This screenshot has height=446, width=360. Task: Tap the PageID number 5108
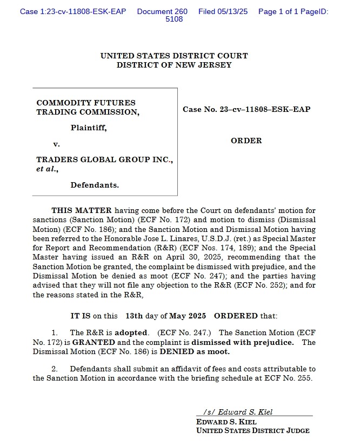coord(174,19)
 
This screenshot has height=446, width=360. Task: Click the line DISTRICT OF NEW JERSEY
coord(174,65)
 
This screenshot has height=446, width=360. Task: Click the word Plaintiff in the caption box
coord(88,128)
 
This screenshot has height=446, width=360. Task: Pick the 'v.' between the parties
coord(56,144)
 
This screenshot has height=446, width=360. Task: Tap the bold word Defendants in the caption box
coord(95,185)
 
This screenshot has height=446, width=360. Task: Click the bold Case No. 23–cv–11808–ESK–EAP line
coord(246,110)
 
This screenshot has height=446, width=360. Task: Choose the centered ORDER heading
coord(246,141)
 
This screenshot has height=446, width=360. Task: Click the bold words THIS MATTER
coord(82,210)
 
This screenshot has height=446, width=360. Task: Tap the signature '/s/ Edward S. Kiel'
coord(238,412)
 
